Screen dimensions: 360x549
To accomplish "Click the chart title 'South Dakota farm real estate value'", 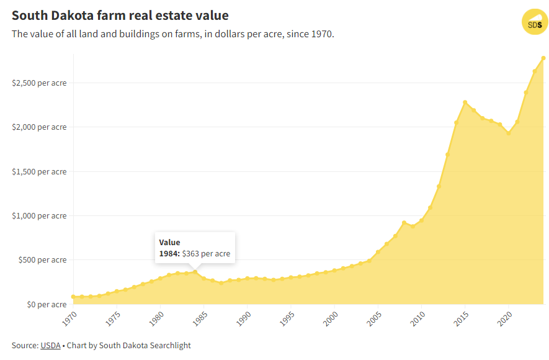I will click(120, 15).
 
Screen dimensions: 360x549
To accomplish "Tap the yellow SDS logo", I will click(533, 23).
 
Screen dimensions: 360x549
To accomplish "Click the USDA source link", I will click(50, 345).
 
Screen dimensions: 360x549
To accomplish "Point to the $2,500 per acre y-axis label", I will click(38, 83).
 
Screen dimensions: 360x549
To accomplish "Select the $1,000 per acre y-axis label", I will click(38, 215).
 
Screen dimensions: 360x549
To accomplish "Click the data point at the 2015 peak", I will click(465, 102).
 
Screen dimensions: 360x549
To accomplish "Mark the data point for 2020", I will click(509, 133).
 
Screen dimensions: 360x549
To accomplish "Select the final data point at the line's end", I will click(543, 58).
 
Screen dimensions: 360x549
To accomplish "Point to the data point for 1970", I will click(73, 297).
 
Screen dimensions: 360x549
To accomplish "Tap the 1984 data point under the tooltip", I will click(195, 272).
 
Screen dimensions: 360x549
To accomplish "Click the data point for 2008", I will click(404, 222).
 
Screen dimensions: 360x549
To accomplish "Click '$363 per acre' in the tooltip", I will click(206, 253).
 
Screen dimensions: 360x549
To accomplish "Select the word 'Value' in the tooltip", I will click(169, 242).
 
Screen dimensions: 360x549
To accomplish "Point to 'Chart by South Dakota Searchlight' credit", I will click(129, 345).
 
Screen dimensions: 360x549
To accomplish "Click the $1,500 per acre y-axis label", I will click(38, 171).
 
